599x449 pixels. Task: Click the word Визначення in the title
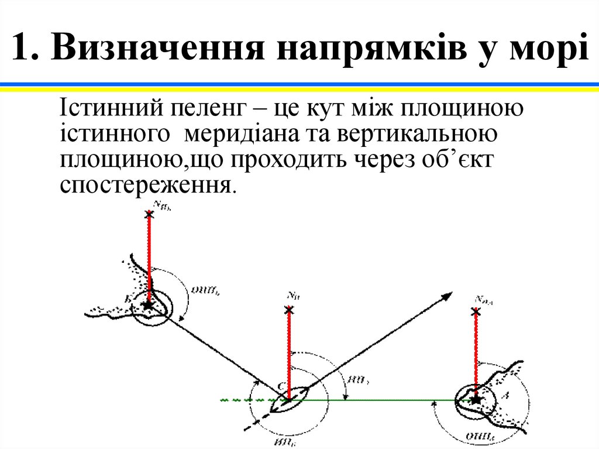pos(156,48)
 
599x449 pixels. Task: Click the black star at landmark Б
pos(149,304)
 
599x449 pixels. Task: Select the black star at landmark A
pos(475,399)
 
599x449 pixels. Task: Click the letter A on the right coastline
pos(507,396)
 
